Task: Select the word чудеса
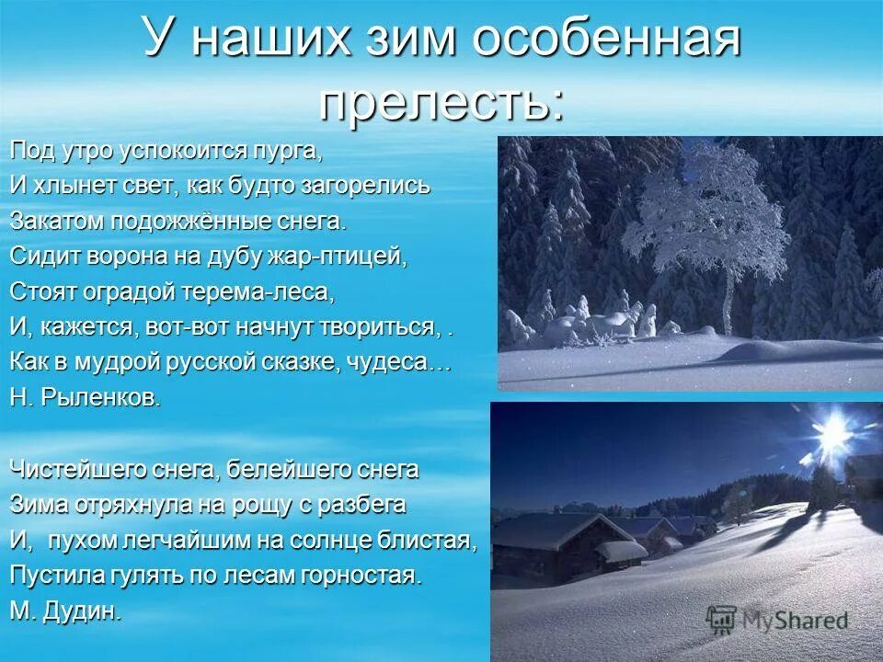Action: point(398,363)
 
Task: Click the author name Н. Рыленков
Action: point(86,398)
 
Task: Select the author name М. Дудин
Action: point(65,612)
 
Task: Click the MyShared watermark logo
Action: point(777,620)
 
